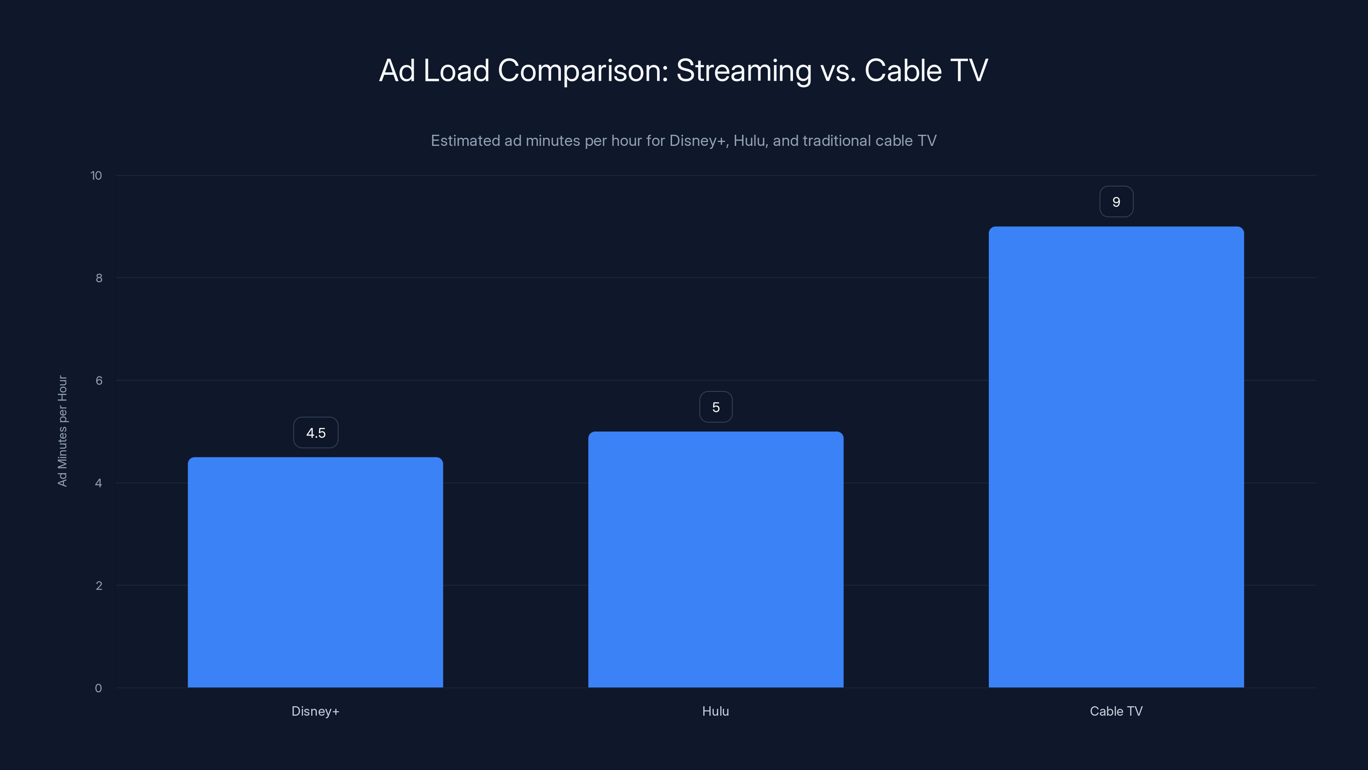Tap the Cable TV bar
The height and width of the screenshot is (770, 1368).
pos(1116,456)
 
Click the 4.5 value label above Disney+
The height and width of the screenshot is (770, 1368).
pos(315,432)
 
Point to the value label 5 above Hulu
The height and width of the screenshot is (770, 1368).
pos(716,407)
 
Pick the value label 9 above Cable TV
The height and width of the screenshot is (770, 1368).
pos(1116,202)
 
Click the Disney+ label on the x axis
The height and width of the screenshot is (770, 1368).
pos(315,711)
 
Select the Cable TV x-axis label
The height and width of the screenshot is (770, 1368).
pos(1116,711)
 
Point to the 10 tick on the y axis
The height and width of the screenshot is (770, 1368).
pos(96,175)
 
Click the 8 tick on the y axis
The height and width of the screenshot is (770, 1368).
pos(99,278)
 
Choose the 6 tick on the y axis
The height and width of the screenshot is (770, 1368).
pos(99,380)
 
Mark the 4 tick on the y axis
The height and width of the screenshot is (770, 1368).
pos(99,483)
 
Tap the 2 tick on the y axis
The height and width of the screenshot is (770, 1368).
pos(99,586)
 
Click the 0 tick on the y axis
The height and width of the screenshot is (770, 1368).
pos(98,688)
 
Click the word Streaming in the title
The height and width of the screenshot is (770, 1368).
pos(743,71)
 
